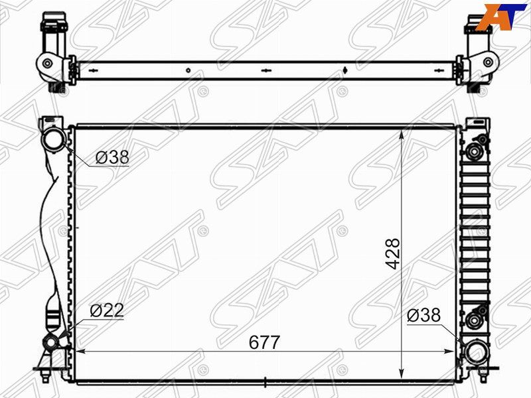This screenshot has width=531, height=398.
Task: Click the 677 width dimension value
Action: [264, 342]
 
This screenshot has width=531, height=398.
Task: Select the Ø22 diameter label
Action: [107, 310]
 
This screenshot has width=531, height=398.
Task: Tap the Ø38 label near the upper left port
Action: [112, 157]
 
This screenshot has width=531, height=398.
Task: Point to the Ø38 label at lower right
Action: [424, 315]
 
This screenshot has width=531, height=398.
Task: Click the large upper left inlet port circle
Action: [54, 141]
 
